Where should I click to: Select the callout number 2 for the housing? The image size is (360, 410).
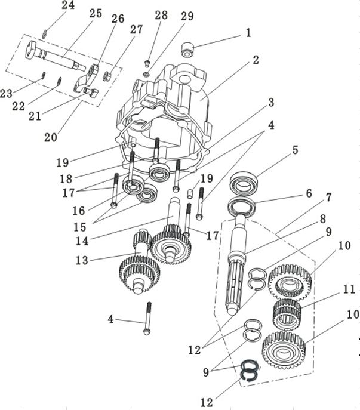tap(256, 60)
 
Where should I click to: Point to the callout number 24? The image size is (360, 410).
tap(68, 7)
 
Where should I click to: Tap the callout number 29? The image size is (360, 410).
tap(187, 16)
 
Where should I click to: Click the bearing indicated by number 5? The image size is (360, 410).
tap(245, 181)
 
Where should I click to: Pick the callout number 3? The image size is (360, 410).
tap(271, 102)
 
